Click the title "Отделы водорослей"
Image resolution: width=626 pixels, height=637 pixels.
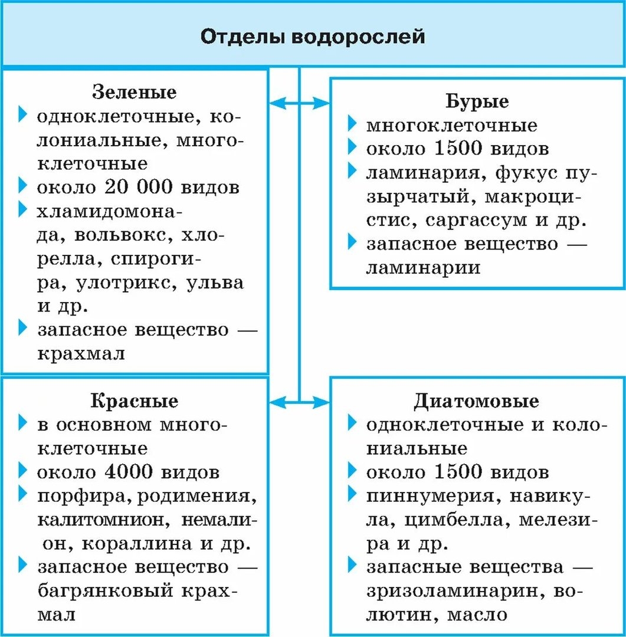(313, 36)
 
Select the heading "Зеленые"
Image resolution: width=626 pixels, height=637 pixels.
(135, 93)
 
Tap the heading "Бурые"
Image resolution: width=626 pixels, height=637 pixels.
(477, 101)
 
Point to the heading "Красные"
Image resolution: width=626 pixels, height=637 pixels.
(135, 401)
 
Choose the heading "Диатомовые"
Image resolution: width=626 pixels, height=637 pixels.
(476, 401)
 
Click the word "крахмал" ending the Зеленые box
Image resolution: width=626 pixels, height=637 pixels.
(81, 353)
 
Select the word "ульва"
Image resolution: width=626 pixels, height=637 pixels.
(215, 283)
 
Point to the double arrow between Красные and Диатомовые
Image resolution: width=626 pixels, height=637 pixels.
(299, 403)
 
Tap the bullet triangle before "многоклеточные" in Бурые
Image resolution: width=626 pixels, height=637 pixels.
(352, 124)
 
